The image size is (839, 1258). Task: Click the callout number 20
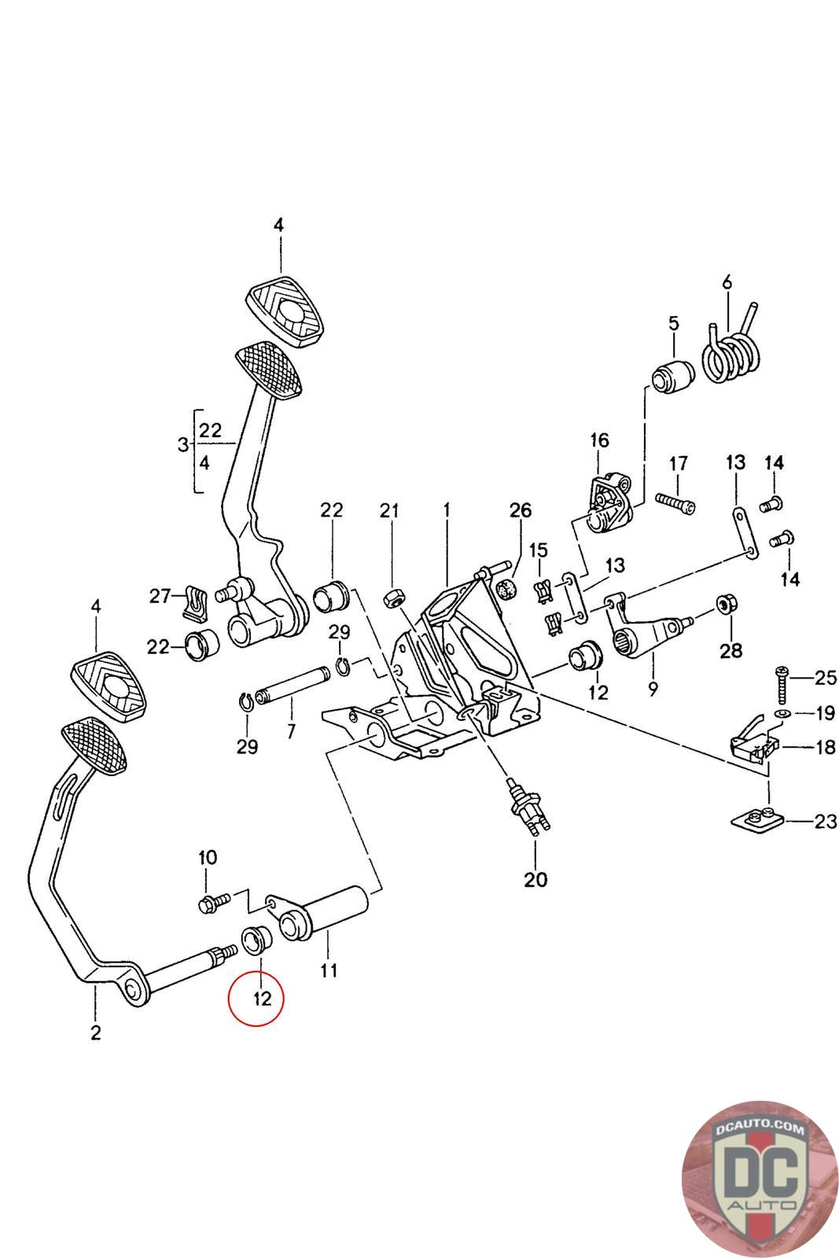click(x=535, y=879)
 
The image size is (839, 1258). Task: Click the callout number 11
click(x=329, y=970)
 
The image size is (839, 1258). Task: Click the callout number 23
click(x=825, y=822)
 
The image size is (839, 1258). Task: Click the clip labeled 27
click(x=192, y=601)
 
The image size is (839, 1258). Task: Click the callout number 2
click(x=95, y=1032)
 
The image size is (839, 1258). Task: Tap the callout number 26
click(x=521, y=510)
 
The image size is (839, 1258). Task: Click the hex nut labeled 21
click(x=392, y=599)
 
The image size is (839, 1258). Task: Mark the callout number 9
click(x=653, y=690)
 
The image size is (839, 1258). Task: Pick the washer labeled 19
click(x=782, y=713)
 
